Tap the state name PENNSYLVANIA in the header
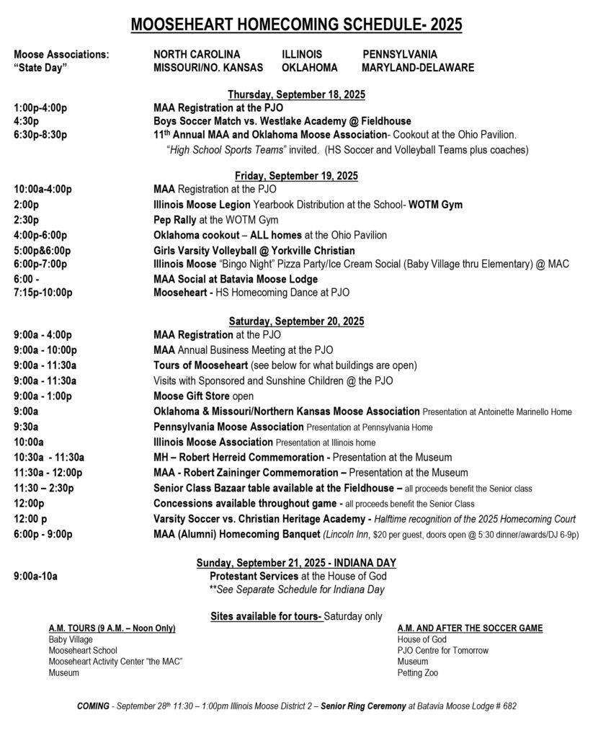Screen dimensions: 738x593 (x=399, y=54)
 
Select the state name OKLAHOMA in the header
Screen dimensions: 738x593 (x=310, y=67)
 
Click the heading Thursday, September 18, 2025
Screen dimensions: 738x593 (x=297, y=94)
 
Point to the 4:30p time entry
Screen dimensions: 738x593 (x=26, y=121)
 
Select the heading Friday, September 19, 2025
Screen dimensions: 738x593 (x=297, y=176)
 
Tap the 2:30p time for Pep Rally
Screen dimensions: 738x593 (x=26, y=220)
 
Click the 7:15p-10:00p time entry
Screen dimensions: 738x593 (x=43, y=293)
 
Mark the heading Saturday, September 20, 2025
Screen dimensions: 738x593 (x=297, y=321)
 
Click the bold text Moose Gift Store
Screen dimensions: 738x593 (x=191, y=396)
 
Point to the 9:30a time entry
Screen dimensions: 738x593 (x=26, y=427)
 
